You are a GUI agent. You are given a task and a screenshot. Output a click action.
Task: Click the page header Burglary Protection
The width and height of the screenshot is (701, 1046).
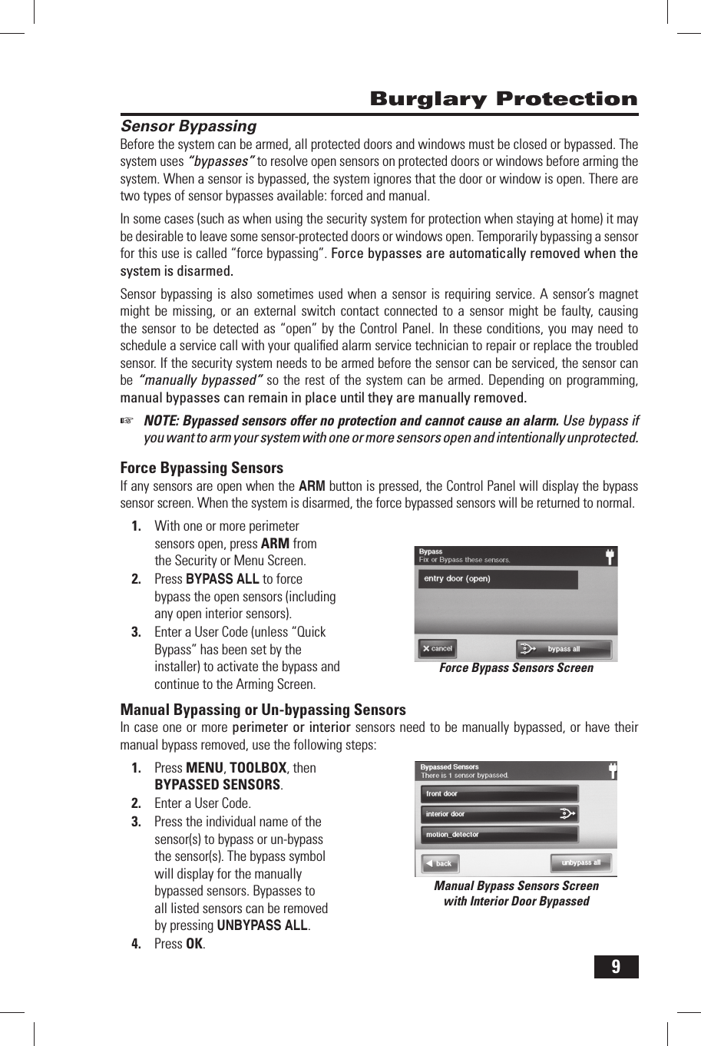coord(503,99)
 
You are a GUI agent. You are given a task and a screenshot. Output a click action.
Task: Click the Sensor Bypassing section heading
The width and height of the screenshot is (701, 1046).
coord(188,127)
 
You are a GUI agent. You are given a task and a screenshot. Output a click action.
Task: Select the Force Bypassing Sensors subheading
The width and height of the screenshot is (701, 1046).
coord(201,468)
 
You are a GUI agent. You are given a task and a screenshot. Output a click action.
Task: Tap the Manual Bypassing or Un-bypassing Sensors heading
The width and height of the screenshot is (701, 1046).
coord(263,710)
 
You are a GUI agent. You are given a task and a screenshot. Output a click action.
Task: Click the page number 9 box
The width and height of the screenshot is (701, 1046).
coord(616,966)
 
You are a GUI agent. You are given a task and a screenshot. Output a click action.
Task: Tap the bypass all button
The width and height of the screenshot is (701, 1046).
coord(564,649)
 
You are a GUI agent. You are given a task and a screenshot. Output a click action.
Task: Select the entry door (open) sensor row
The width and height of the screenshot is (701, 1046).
coord(498,579)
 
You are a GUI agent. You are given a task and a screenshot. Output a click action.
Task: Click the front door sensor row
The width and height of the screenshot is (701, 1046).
coord(499,793)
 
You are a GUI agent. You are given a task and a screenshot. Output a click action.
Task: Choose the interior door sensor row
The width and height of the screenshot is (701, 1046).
coord(491,814)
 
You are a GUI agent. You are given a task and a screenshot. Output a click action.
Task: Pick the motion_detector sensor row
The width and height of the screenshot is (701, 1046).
coord(499,835)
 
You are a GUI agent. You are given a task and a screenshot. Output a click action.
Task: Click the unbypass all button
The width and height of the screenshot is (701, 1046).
coord(580,862)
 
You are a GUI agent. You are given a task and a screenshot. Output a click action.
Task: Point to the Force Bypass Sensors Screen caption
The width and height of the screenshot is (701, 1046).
coord(516,668)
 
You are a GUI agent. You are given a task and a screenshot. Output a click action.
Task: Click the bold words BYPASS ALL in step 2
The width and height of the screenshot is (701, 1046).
coord(223,579)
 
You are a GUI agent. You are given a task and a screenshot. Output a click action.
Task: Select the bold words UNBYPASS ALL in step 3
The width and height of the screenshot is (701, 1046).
coord(262,925)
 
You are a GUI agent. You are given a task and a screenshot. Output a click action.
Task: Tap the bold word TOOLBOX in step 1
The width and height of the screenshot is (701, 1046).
coord(258,768)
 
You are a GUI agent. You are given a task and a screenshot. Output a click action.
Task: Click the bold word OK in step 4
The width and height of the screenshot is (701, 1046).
coord(195,944)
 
